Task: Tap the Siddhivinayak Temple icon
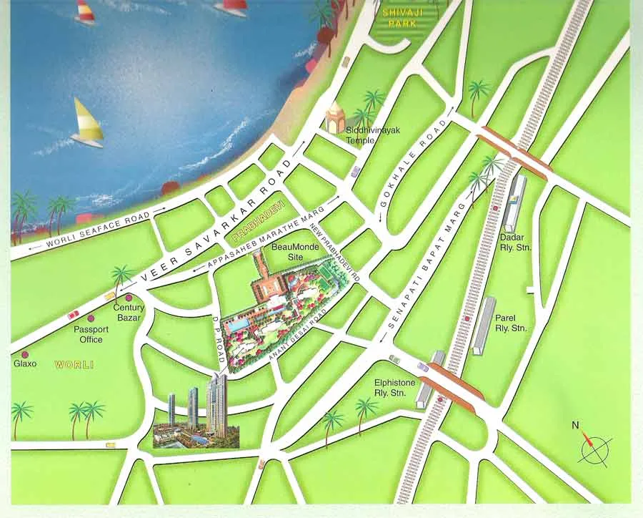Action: (x=336, y=117)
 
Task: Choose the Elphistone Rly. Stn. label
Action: (x=394, y=388)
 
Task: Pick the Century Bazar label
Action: (x=129, y=312)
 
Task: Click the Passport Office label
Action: (x=91, y=334)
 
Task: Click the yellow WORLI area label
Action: (x=74, y=365)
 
